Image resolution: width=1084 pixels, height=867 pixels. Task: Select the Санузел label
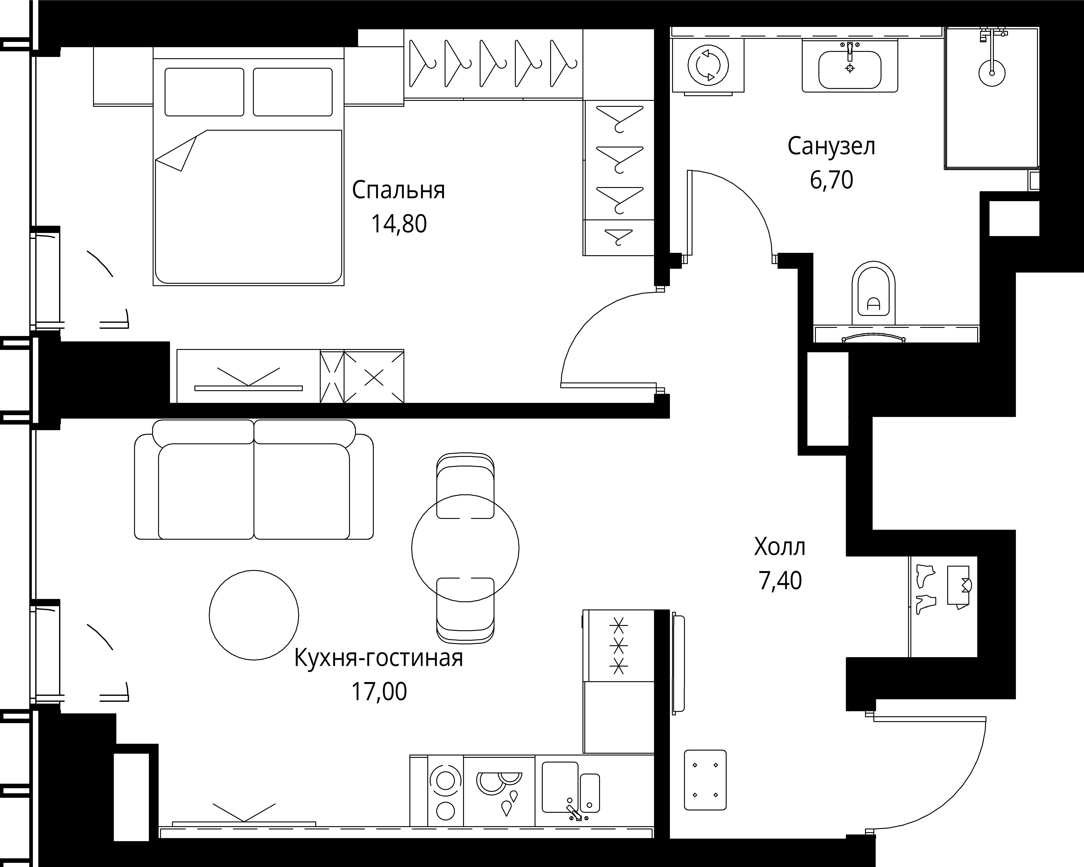coord(831,146)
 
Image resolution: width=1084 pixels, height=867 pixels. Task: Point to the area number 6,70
coord(831,179)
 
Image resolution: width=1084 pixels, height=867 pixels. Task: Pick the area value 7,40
coord(780,580)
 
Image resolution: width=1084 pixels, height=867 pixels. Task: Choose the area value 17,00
coord(379,692)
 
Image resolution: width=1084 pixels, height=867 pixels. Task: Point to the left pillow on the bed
coord(204,92)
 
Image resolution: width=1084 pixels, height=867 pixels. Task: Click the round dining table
coord(465,548)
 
